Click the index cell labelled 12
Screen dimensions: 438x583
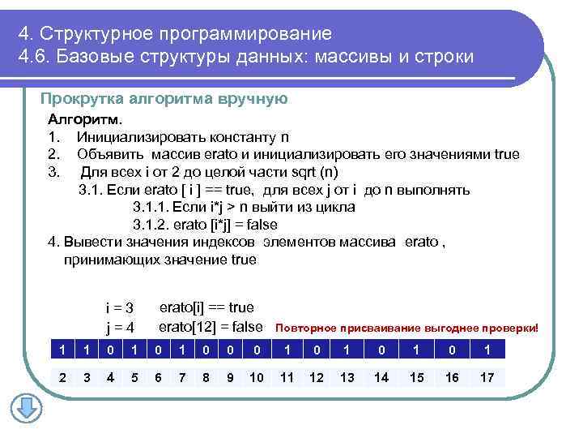coord(317,377)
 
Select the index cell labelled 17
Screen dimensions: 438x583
coord(487,377)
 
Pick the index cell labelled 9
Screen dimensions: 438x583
coord(230,377)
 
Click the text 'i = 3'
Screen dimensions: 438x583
coord(119,308)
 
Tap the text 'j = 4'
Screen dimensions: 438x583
coord(119,328)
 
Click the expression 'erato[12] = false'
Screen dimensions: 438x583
coord(211,327)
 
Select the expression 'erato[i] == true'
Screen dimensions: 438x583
coord(206,307)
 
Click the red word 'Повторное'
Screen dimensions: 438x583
coord(305,328)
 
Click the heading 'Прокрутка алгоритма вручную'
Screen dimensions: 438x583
coord(164,99)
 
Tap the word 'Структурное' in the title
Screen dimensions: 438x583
coord(96,34)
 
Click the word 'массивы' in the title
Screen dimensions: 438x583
coord(367,59)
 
